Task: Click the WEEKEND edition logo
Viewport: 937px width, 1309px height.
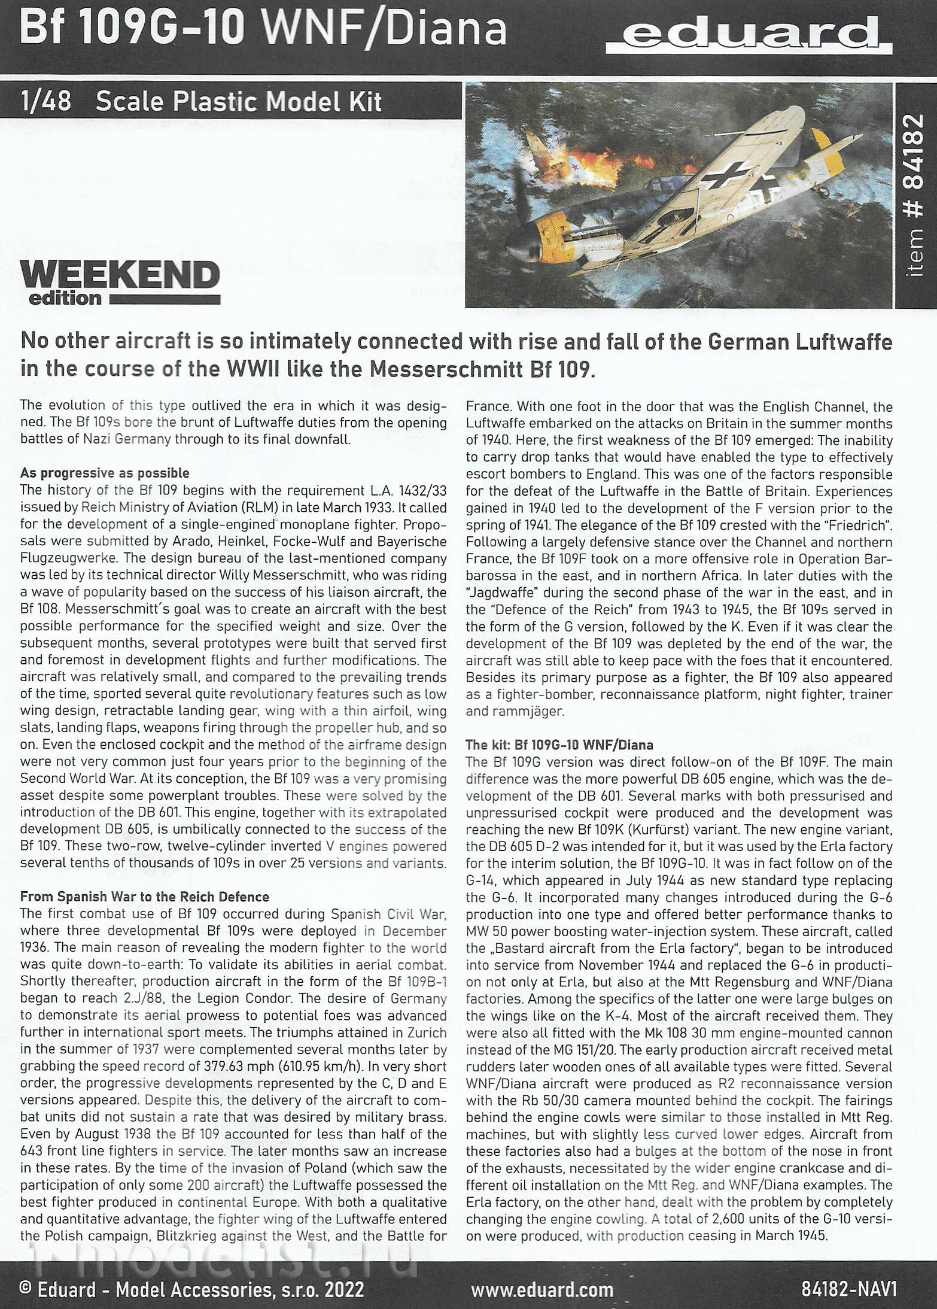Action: (x=120, y=283)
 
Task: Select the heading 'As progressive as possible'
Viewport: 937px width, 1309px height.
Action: (x=105, y=473)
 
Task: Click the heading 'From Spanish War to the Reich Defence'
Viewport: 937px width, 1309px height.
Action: (x=144, y=897)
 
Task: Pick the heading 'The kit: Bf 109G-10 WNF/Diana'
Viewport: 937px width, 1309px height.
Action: (x=559, y=745)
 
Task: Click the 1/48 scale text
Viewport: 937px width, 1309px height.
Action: (x=45, y=102)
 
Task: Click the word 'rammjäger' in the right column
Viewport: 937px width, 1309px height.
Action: (x=527, y=712)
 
